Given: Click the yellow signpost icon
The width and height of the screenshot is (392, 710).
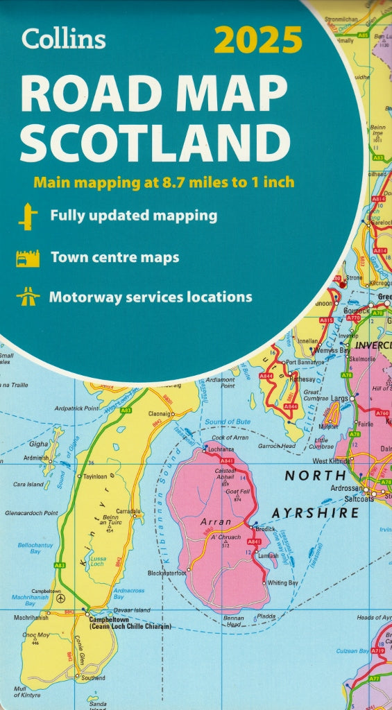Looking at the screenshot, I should point(28,216).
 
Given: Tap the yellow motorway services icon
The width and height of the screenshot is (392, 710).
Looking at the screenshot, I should point(28,297).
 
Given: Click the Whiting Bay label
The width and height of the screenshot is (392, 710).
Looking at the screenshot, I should point(284,583).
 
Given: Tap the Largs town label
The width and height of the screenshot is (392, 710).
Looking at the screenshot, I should point(339,399).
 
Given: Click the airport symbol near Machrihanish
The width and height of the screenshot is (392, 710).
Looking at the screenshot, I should point(60,598).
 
